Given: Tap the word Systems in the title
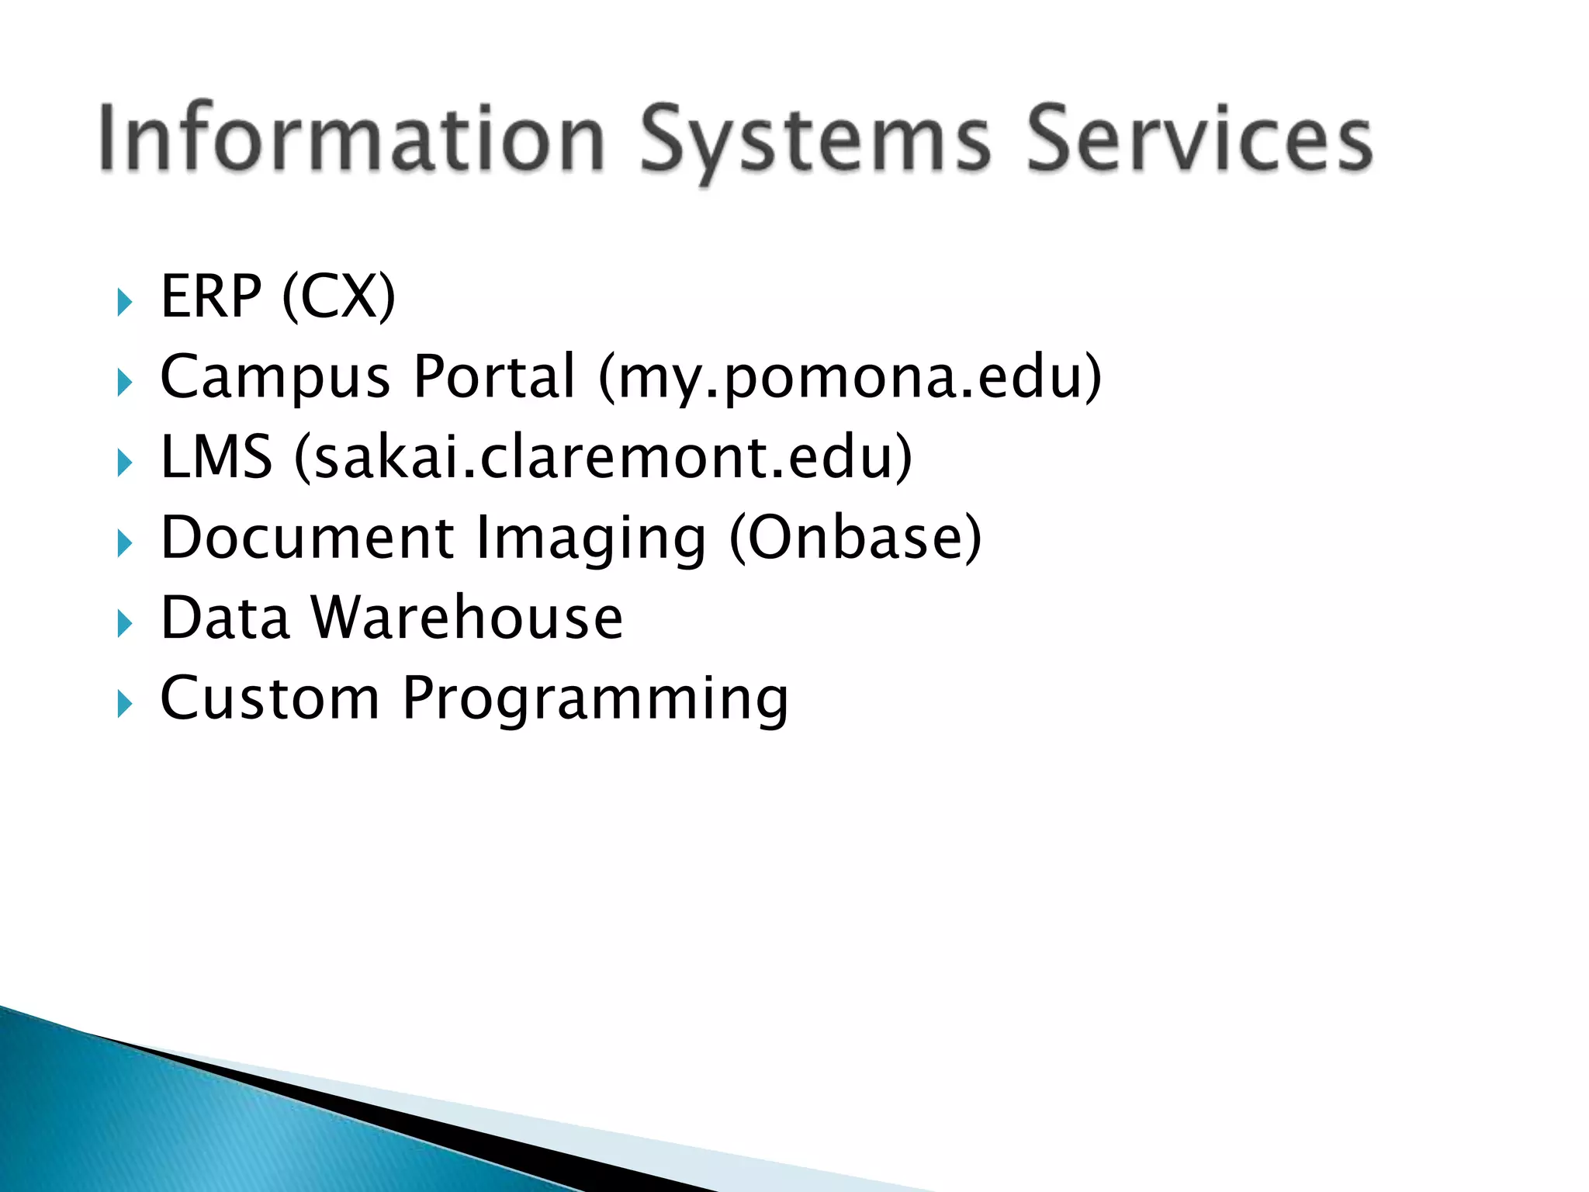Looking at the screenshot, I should coord(815,144).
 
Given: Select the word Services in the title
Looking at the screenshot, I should coord(1199,140).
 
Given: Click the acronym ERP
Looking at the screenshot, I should coord(210,296).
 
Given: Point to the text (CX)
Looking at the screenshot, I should coord(339,296).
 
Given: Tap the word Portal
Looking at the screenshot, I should coord(494,376).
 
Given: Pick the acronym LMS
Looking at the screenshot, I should coord(216,456).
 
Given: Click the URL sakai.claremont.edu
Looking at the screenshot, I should coord(603,456).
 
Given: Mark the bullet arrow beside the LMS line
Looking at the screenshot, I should coord(124,463).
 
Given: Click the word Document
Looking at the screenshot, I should coord(307,537).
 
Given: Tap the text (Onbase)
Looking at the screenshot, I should coord(855,537).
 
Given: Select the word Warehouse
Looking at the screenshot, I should coord(467,618).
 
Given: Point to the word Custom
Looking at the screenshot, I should coord(269,698).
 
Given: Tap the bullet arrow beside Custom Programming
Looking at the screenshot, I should coord(124,704).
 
